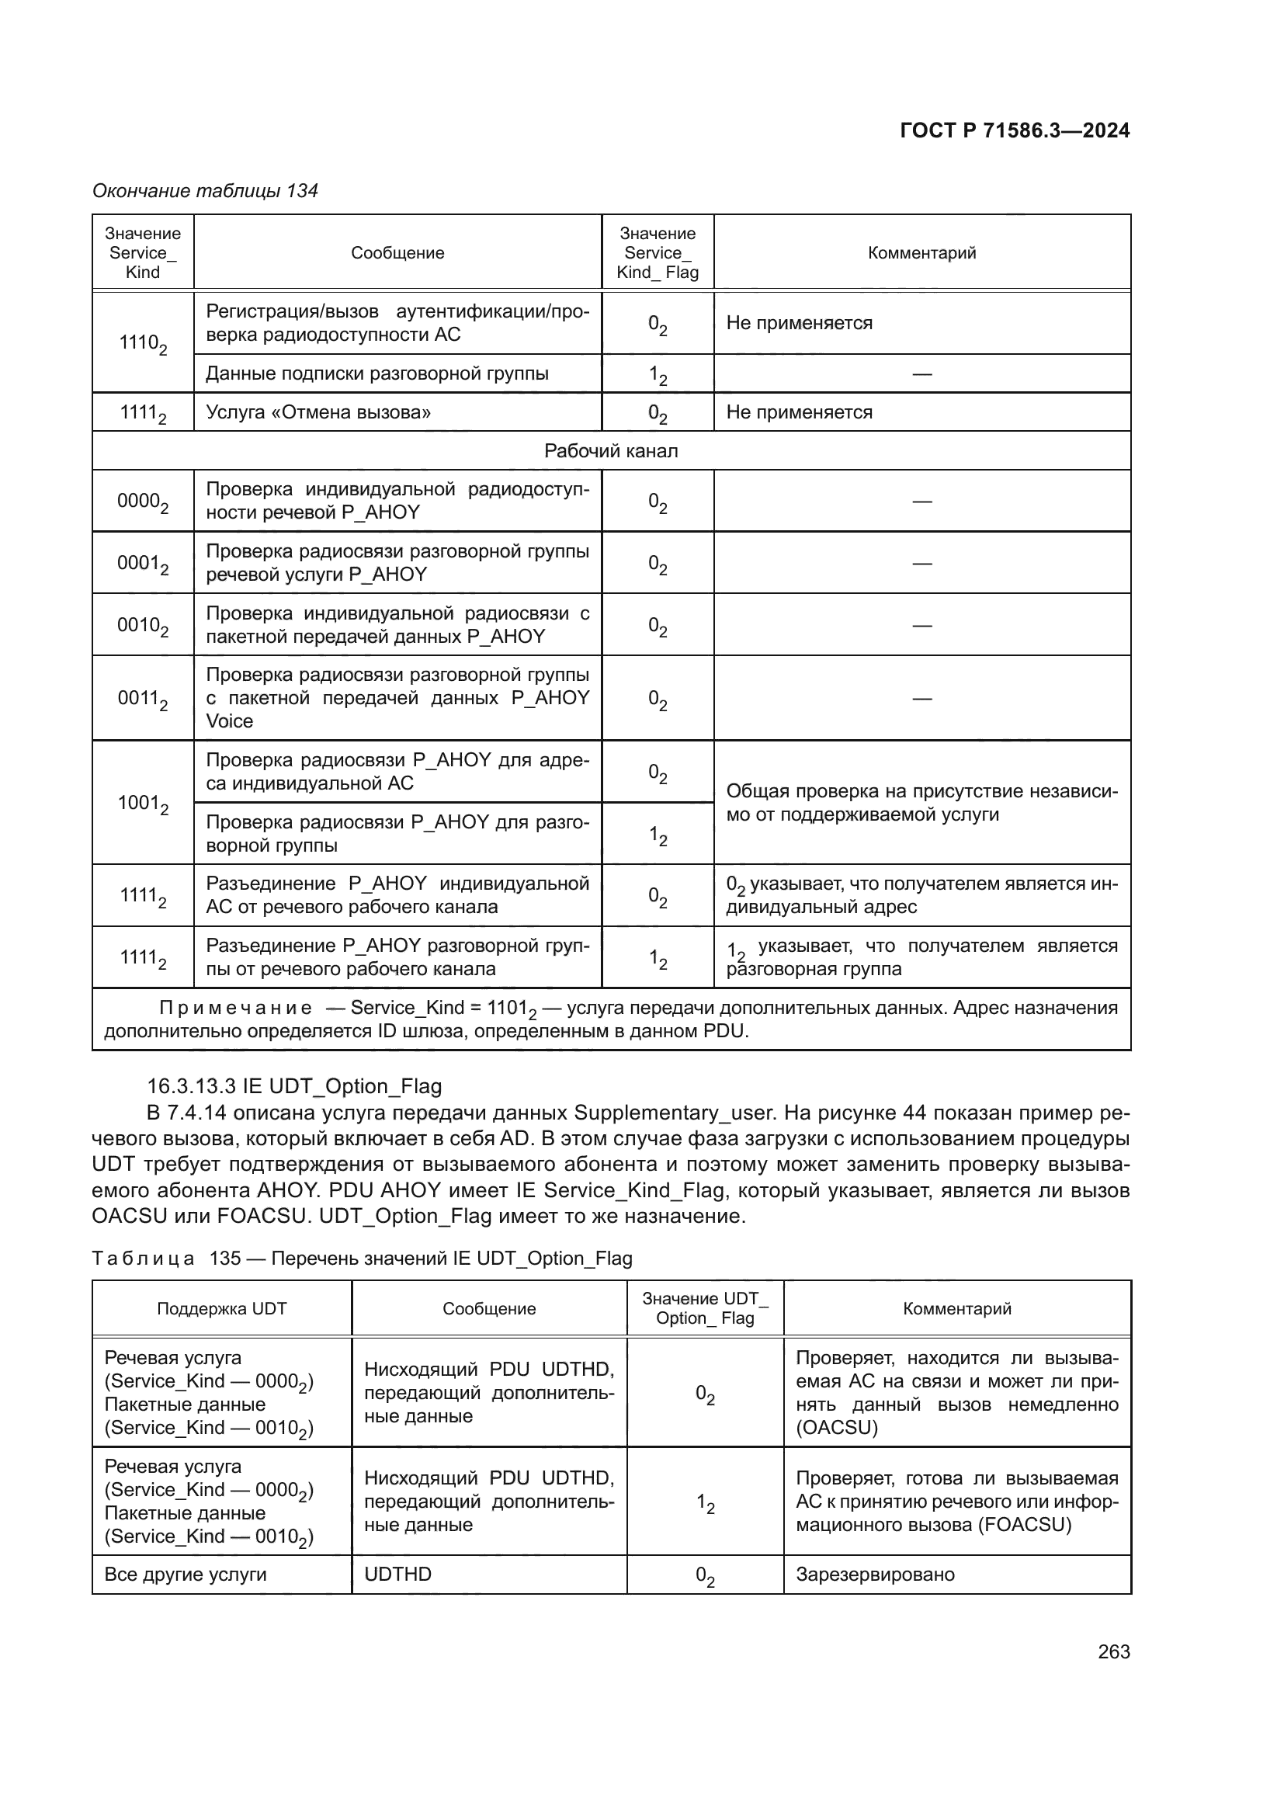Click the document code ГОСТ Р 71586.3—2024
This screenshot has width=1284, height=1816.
(1015, 130)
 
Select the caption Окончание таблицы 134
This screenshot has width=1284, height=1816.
(205, 191)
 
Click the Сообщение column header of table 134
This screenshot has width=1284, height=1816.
(397, 253)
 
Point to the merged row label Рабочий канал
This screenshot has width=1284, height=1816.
(610, 451)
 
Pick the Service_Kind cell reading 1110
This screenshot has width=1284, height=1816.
(142, 343)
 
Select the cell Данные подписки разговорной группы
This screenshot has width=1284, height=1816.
(377, 373)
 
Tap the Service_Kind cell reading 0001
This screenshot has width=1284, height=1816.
(142, 563)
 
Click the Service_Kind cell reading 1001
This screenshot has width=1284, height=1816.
(142, 804)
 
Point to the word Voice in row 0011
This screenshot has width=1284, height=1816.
(229, 721)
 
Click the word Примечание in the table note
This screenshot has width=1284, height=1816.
(236, 1008)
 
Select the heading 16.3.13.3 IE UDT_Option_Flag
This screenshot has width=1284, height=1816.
(294, 1087)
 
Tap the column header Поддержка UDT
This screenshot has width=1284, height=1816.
(221, 1309)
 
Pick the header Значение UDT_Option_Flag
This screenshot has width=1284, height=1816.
(704, 1309)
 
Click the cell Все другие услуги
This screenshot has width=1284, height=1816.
(185, 1575)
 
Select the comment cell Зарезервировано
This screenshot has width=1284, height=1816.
(874, 1575)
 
